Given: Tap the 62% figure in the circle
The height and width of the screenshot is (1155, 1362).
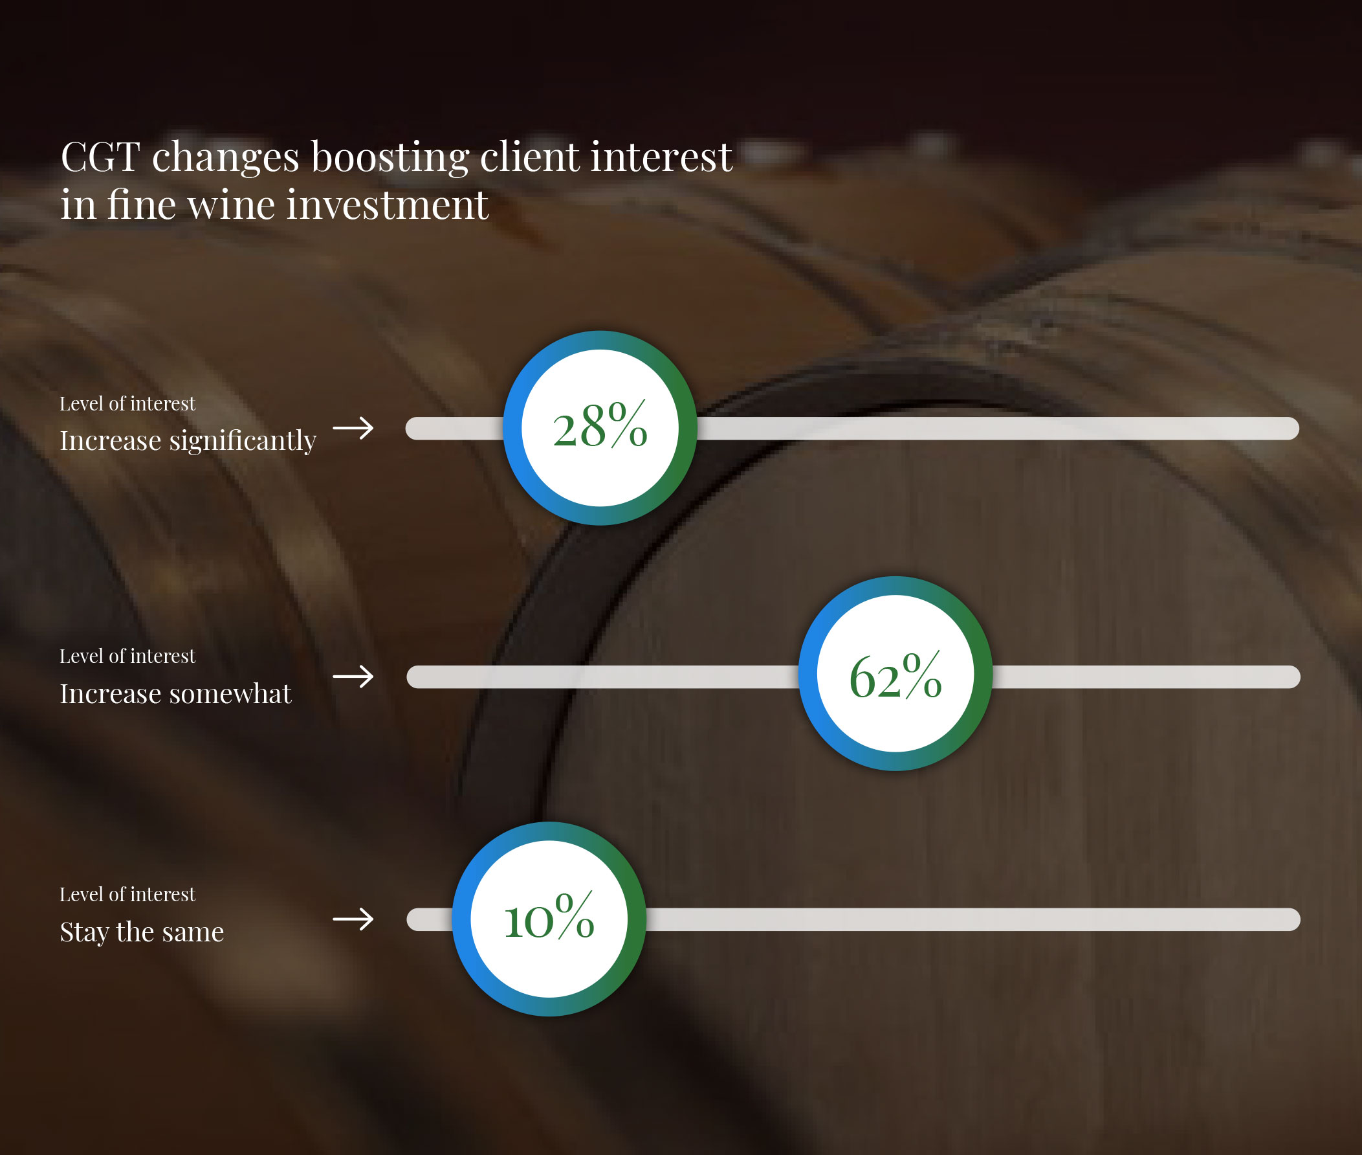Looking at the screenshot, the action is click(895, 675).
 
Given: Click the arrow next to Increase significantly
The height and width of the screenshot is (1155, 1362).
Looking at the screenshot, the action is click(353, 428).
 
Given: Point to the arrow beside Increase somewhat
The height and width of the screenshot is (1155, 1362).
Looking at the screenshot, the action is click(353, 677).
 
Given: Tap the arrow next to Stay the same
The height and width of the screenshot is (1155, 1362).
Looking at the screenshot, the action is click(353, 919).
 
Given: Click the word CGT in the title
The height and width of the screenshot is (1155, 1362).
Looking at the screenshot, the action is click(100, 157).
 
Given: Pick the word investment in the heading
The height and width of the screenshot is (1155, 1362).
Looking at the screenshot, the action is click(388, 205).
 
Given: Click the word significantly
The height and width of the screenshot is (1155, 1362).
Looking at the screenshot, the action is click(243, 442).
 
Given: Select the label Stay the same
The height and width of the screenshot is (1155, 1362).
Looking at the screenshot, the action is click(142, 932).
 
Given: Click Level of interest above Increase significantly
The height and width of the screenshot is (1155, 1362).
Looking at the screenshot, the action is click(127, 403).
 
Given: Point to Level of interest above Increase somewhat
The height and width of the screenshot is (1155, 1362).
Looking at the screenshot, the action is click(127, 656).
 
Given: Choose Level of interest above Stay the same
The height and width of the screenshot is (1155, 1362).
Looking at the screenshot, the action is click(127, 894).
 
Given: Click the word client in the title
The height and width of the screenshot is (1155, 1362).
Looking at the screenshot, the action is click(529, 157).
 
